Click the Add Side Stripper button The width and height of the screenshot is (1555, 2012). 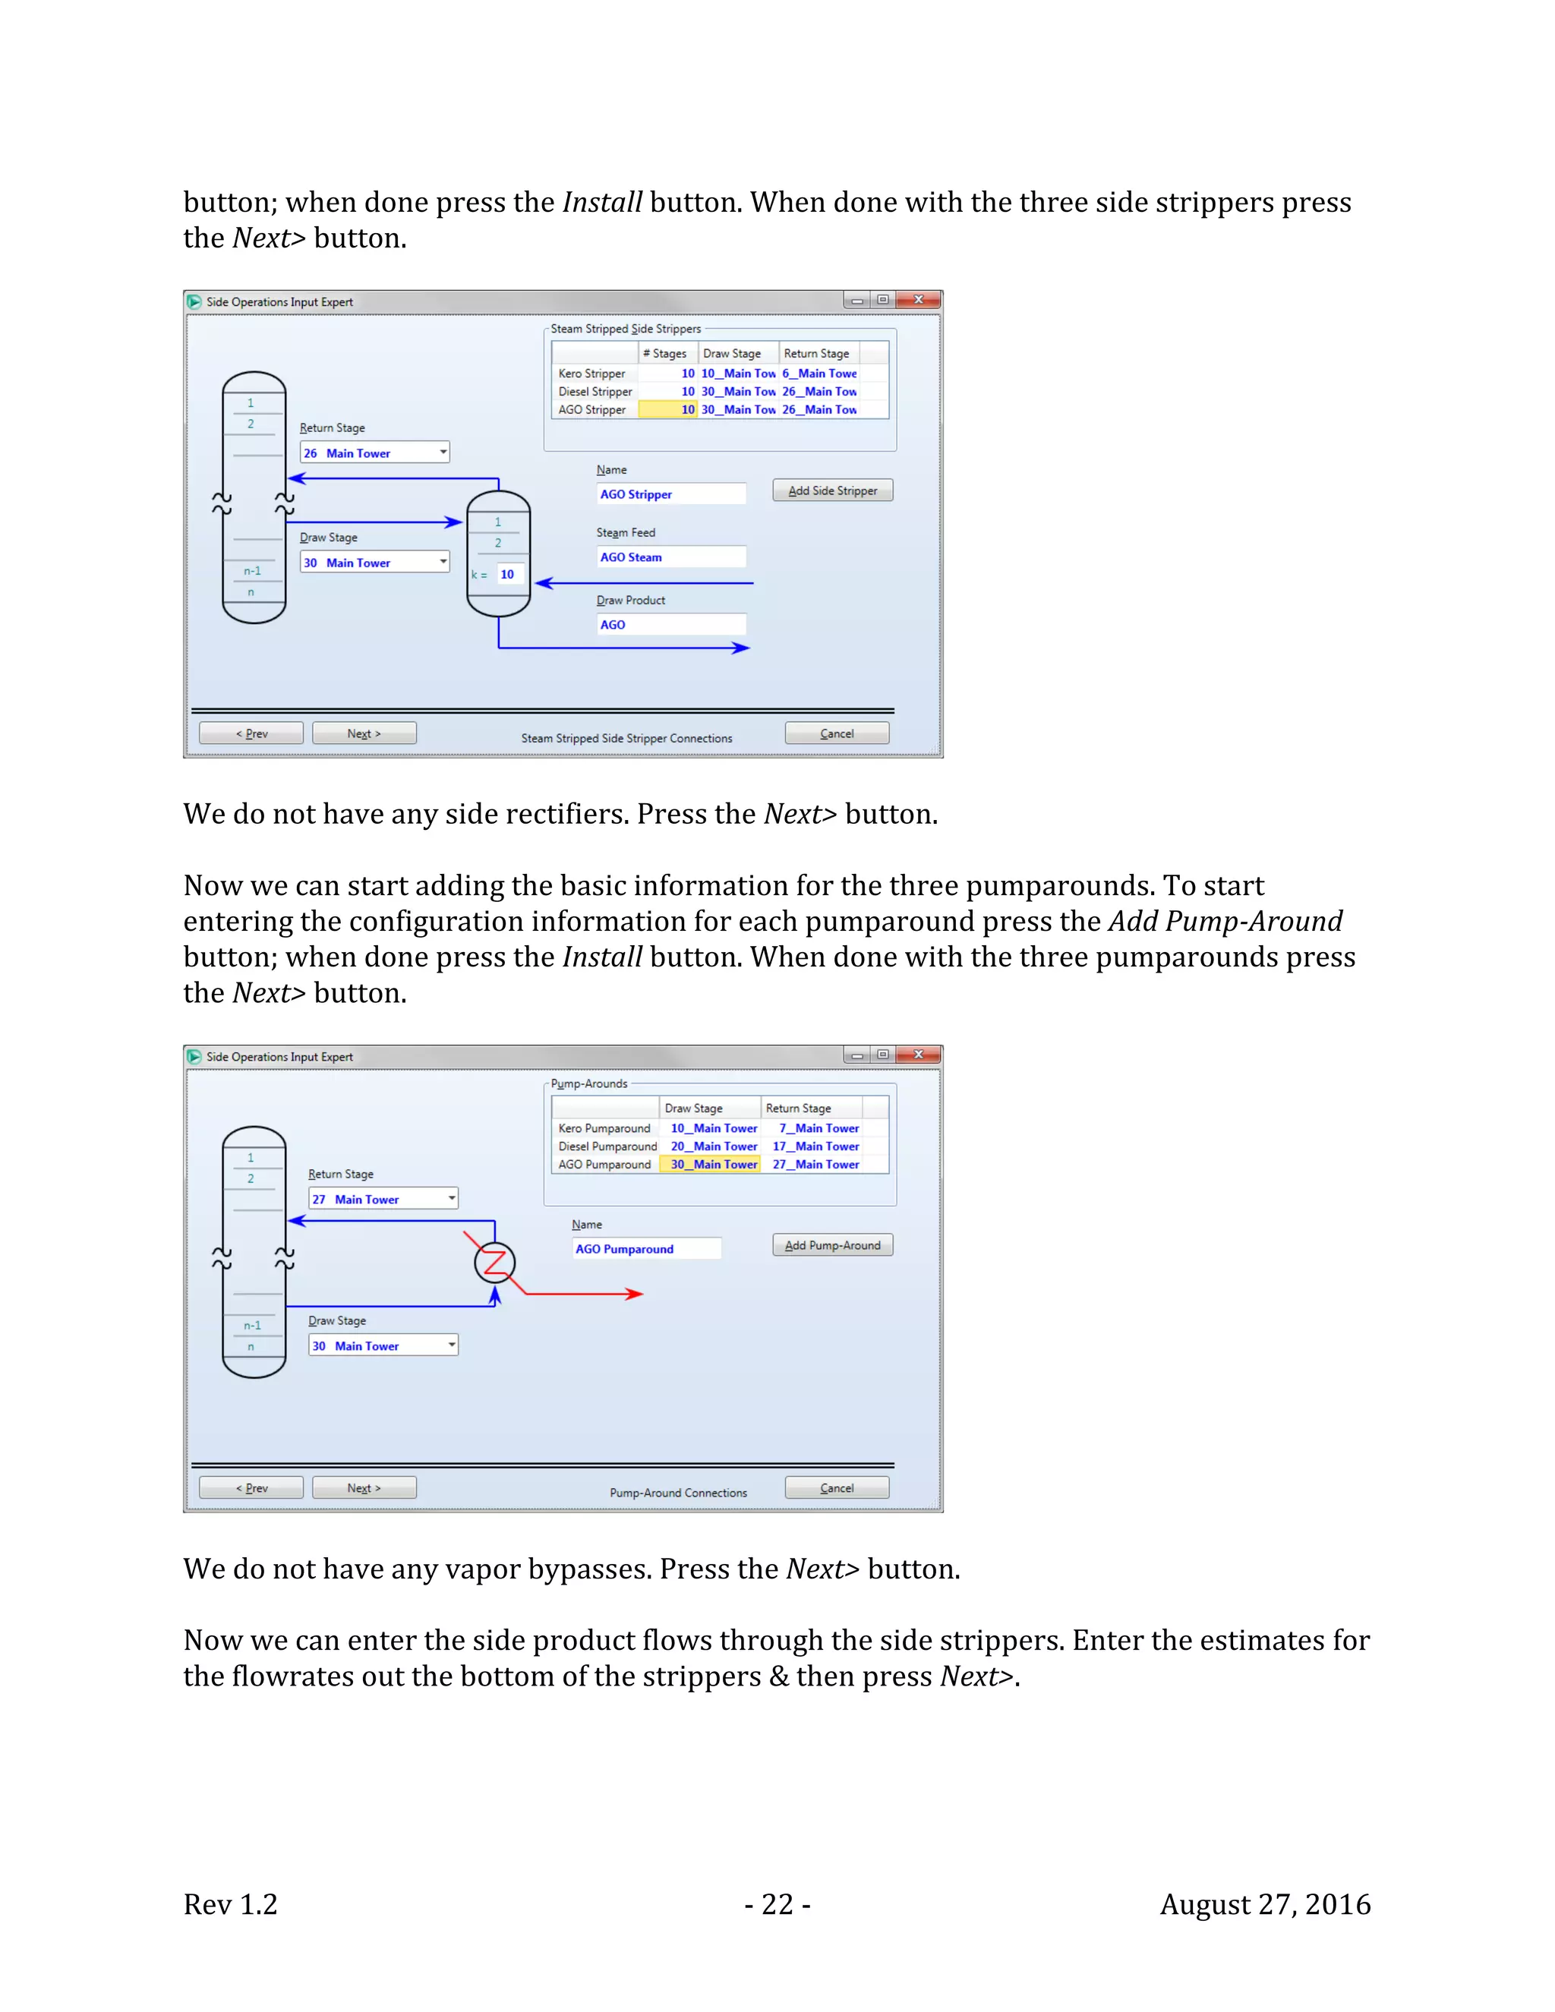tap(832, 491)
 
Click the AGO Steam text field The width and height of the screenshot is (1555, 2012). tap(670, 557)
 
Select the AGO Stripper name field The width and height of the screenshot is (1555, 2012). tap(670, 495)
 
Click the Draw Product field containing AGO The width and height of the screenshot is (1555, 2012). tap(670, 625)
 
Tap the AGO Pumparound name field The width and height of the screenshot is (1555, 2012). tap(646, 1249)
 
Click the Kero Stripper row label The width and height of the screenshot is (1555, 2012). tap(591, 373)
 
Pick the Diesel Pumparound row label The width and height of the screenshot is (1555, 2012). tap(607, 1146)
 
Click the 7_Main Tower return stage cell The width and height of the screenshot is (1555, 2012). tap(818, 1127)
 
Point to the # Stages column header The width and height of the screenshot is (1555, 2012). tap(665, 354)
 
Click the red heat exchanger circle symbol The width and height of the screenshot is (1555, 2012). tap(495, 1263)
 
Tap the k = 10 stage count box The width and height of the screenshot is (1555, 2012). tap(508, 574)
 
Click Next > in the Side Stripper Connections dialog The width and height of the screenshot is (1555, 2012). tap(364, 733)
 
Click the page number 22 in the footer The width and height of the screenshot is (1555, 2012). tap(777, 1904)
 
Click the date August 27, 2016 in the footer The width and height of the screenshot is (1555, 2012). tap(1265, 1904)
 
